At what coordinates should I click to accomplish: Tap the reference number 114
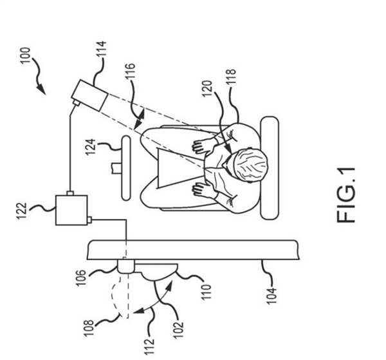[x=102, y=51]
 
